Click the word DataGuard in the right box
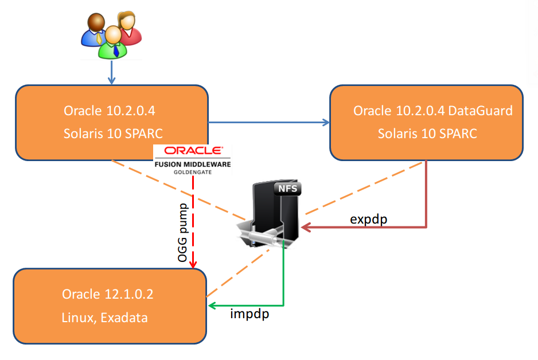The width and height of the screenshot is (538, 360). [x=481, y=111]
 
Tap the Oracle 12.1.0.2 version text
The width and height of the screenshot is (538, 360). [x=108, y=294]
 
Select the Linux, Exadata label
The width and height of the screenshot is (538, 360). [x=104, y=318]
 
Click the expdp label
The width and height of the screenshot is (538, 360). [x=368, y=220]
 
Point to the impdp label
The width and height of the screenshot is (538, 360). [x=249, y=314]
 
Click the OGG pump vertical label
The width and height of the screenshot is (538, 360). [x=183, y=233]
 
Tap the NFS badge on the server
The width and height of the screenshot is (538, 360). [x=287, y=189]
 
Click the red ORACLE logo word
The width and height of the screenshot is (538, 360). [x=193, y=151]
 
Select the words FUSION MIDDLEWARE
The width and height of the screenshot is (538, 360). [x=193, y=164]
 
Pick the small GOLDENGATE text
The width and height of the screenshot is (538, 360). [x=193, y=172]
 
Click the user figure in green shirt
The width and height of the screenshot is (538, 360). [x=113, y=42]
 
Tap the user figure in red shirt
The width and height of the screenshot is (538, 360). [x=128, y=28]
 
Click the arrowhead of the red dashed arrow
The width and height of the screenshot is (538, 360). [x=193, y=265]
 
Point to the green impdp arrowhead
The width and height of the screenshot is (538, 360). [x=212, y=306]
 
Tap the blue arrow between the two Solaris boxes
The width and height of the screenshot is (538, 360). [x=268, y=122]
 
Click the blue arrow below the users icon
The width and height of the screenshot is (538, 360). [x=111, y=72]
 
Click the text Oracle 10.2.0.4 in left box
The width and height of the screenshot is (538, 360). [x=110, y=111]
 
